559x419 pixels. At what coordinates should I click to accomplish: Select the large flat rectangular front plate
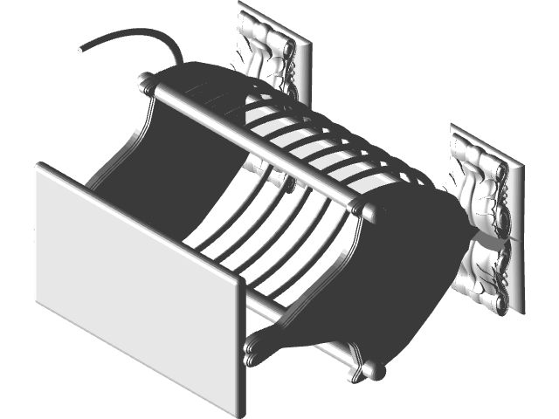(135, 279)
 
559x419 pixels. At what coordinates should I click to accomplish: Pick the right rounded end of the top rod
(370, 212)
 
